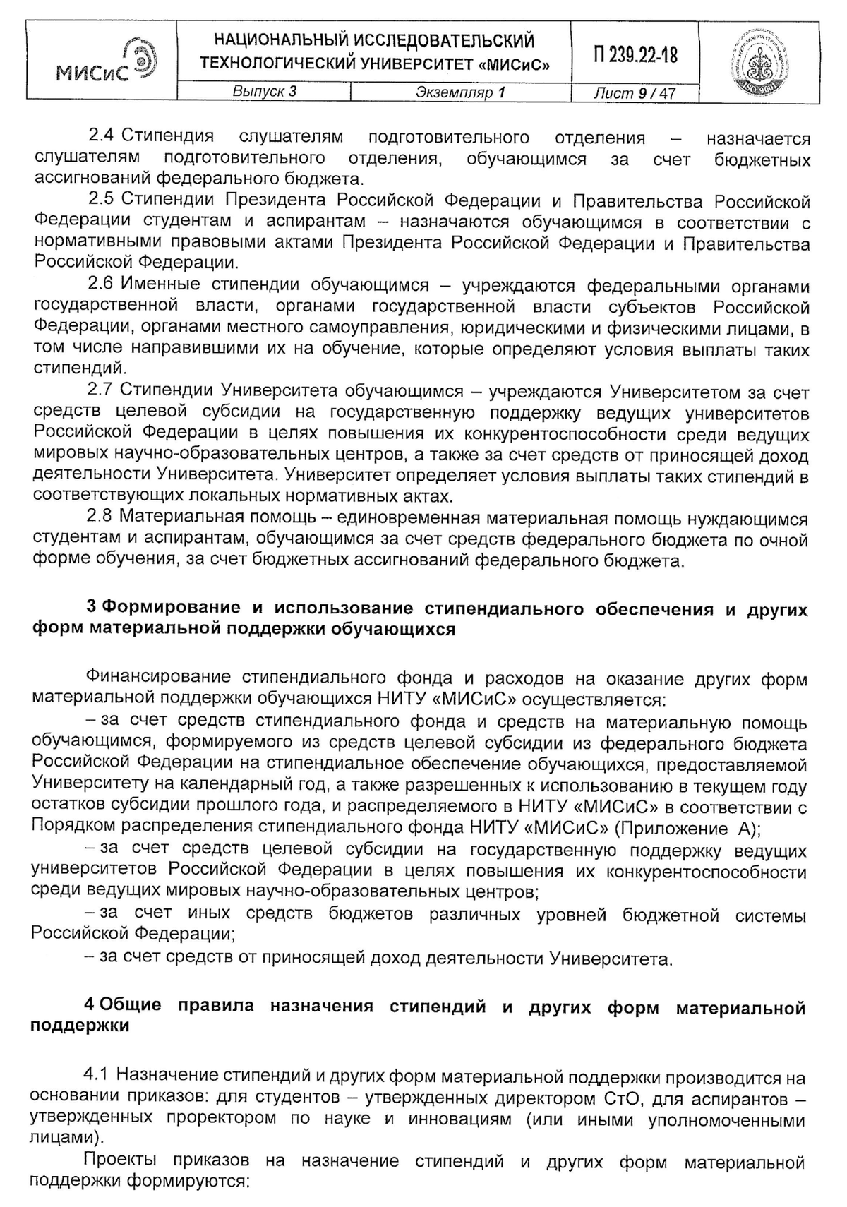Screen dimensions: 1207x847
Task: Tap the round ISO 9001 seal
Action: pos(764,63)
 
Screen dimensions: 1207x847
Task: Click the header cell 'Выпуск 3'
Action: pos(264,92)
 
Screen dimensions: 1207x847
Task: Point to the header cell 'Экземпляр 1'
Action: pos(460,92)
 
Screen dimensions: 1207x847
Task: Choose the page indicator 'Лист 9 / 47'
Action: pos(635,92)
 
